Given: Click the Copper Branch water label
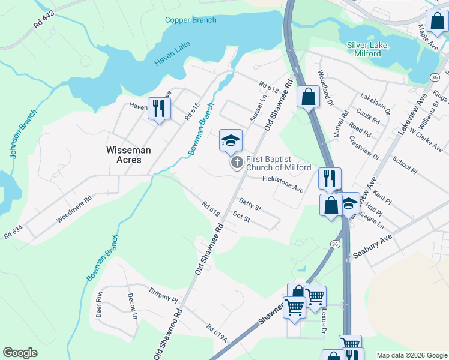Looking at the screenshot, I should pos(191,20).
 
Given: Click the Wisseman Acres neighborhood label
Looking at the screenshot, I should pos(124,155).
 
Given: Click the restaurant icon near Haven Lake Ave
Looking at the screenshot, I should pos(159,109).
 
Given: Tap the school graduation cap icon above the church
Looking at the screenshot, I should pos(231,140).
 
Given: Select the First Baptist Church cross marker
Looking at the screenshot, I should pos(237,163).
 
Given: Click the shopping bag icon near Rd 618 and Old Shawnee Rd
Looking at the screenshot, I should pos(308,96).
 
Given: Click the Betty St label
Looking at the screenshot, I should pos(249,204).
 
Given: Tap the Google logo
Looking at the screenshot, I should pos(20,353).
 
